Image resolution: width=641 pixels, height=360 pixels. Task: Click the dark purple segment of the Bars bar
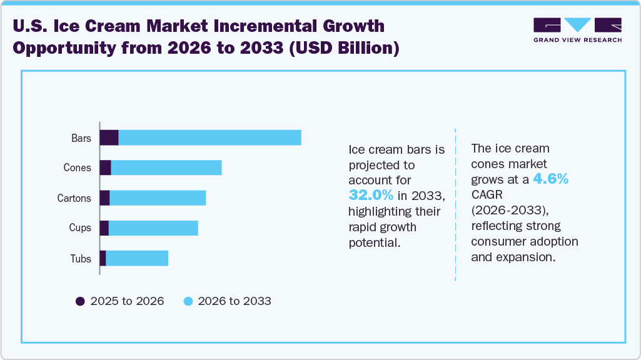(x=109, y=137)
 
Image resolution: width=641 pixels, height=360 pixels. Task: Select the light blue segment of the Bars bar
(x=209, y=137)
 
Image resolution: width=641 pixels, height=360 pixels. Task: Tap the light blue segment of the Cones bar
(x=166, y=167)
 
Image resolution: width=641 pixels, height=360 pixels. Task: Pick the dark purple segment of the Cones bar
(x=105, y=167)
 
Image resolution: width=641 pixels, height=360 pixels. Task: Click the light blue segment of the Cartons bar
(x=158, y=198)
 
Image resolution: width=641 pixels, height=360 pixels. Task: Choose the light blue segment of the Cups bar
(x=153, y=228)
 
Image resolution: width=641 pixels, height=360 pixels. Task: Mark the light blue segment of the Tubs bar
(x=137, y=258)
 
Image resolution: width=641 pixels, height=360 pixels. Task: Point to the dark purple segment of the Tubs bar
(x=103, y=258)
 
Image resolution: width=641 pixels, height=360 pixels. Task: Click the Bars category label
(x=81, y=138)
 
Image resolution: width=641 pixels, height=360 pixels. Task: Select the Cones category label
(x=77, y=168)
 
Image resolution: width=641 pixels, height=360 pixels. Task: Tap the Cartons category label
(x=74, y=198)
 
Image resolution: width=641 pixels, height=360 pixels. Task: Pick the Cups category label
(x=80, y=228)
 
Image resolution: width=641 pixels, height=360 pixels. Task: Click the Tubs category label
(x=81, y=258)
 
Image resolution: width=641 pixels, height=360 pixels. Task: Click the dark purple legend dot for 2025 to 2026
(x=80, y=301)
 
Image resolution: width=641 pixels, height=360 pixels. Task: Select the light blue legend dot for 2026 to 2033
(x=188, y=301)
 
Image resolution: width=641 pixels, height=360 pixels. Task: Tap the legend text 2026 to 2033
(x=235, y=301)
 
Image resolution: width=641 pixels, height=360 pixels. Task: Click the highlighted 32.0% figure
(x=371, y=195)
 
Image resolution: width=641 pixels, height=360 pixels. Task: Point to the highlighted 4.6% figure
(x=550, y=179)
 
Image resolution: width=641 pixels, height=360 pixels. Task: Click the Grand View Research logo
(x=577, y=29)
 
